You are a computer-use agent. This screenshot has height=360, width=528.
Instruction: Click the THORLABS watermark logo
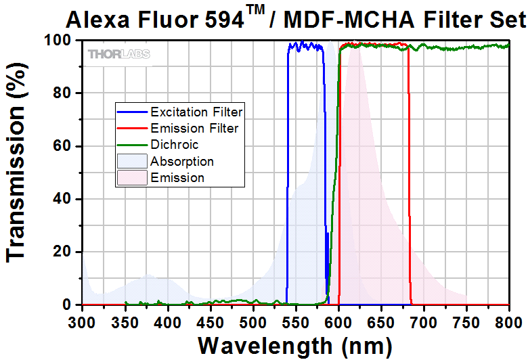(x=119, y=53)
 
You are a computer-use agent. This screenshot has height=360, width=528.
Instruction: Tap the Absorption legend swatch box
(x=133, y=161)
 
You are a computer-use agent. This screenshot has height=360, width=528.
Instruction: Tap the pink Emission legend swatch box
(x=133, y=178)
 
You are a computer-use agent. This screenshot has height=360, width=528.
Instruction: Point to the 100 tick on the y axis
(x=57, y=40)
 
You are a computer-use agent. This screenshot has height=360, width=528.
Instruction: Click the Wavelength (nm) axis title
(x=295, y=346)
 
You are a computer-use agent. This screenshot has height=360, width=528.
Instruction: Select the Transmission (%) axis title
(x=18, y=172)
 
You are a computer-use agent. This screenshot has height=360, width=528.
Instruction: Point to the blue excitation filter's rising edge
(x=288, y=169)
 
